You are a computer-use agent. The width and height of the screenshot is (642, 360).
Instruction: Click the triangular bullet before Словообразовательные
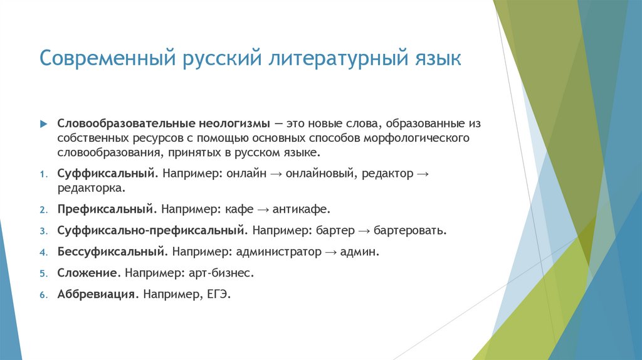tap(43, 124)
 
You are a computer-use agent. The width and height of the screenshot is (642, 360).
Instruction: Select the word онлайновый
tap(321, 174)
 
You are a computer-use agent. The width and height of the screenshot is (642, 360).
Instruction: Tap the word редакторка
tap(90, 188)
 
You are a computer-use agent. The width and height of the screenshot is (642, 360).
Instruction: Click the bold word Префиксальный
tap(106, 209)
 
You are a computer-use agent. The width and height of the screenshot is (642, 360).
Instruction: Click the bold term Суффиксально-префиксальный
tap(149, 230)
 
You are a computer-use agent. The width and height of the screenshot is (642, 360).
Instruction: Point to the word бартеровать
tap(410, 230)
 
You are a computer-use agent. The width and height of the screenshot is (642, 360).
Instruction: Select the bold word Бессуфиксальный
tap(112, 251)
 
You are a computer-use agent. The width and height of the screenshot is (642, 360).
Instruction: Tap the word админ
tap(360, 251)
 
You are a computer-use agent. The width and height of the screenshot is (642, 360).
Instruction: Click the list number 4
tap(43, 252)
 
